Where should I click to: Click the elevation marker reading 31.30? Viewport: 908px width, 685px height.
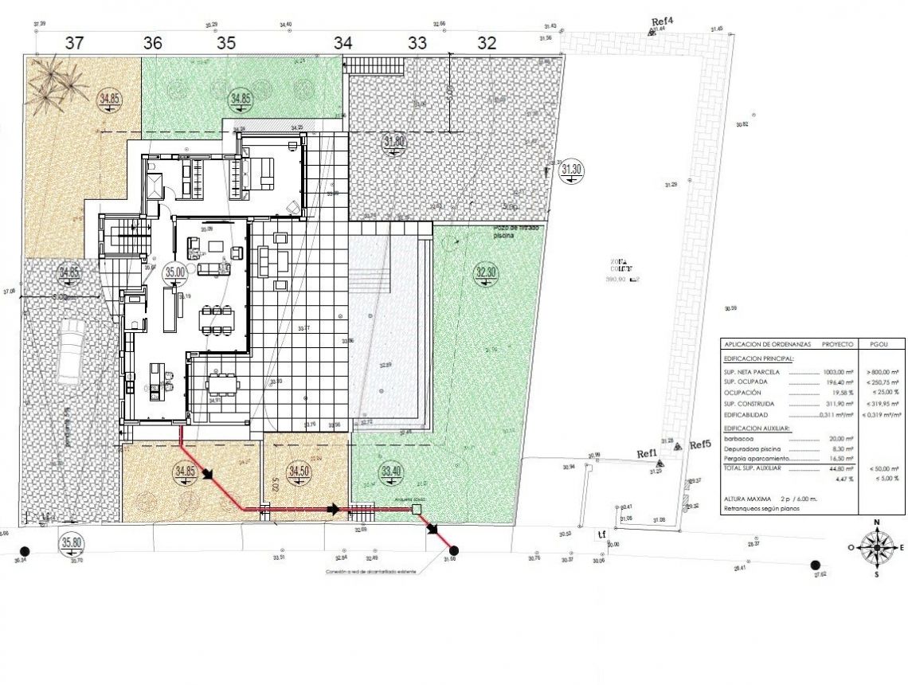tap(572, 169)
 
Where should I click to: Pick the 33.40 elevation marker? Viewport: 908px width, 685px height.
tap(391, 472)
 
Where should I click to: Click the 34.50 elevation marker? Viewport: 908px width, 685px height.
tap(299, 471)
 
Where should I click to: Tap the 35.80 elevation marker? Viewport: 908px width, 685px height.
tap(72, 544)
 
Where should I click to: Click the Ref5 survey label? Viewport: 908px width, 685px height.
tap(699, 444)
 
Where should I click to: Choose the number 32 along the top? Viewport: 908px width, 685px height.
tap(487, 43)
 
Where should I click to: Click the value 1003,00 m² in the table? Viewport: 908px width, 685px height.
tap(839, 371)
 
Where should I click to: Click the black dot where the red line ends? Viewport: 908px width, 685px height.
tap(454, 550)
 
